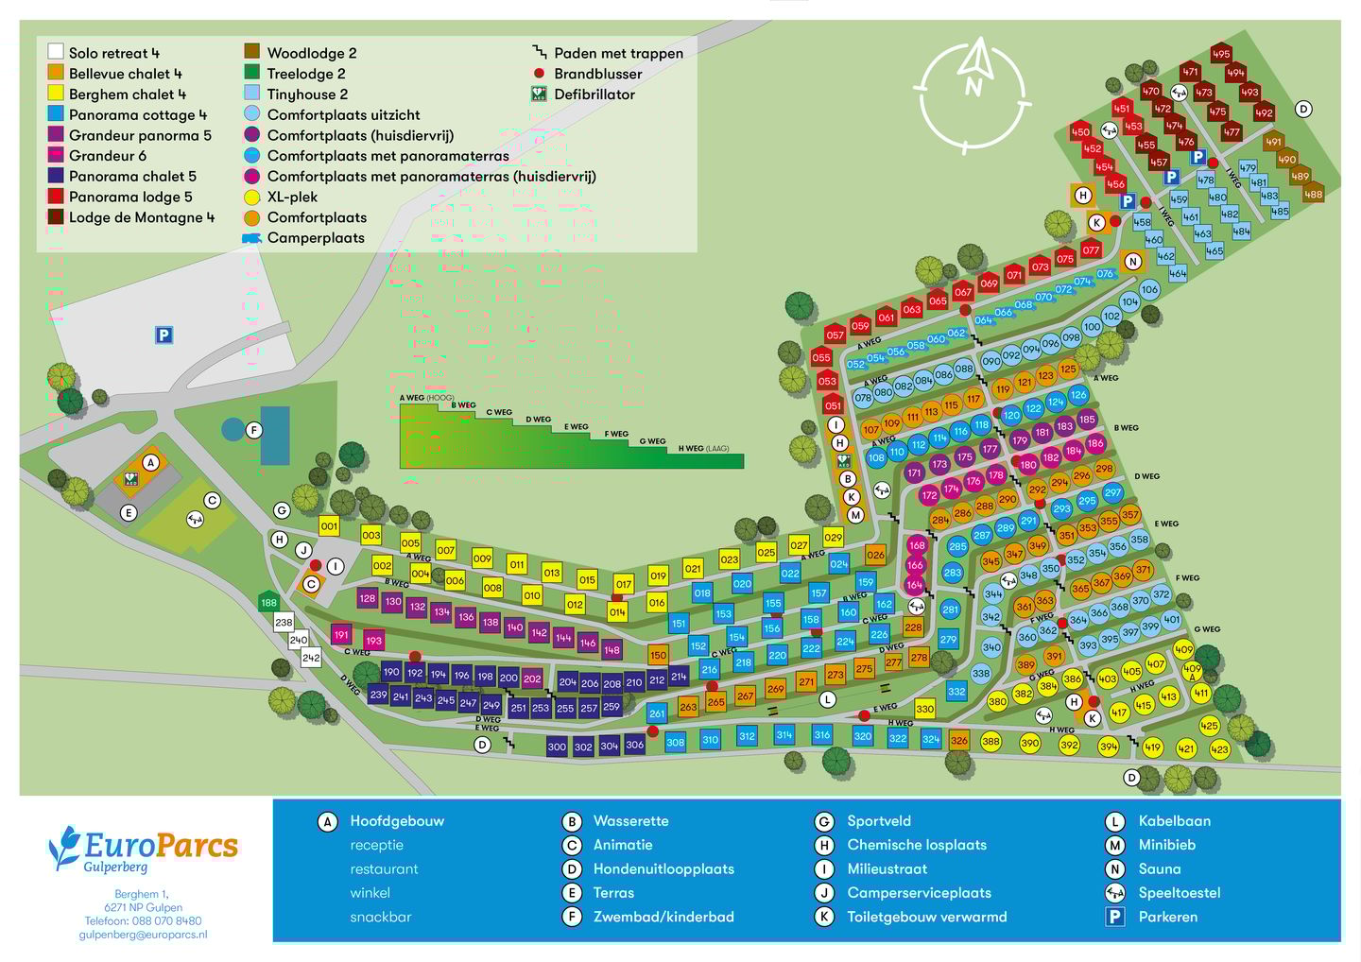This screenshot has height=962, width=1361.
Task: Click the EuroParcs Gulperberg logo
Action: click(x=143, y=848)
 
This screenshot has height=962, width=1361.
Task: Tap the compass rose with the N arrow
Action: click(x=973, y=93)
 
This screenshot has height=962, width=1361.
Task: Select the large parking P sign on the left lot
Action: click(x=164, y=335)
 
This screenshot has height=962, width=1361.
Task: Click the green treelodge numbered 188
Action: click(x=269, y=602)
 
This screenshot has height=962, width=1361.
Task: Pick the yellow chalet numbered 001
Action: click(x=329, y=526)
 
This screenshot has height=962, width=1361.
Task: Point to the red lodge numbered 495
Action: click(x=1221, y=55)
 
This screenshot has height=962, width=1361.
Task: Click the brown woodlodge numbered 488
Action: click(x=1313, y=195)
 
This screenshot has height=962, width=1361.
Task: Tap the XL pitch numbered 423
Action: click(x=1219, y=749)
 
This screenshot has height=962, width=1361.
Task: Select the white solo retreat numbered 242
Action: click(x=311, y=657)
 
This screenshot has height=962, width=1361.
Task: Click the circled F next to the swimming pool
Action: click(x=253, y=431)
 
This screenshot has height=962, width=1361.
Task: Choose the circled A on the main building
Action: click(x=150, y=462)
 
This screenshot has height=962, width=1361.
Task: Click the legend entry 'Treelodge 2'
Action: click(x=305, y=74)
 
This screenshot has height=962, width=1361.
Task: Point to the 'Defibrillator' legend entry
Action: click(x=594, y=94)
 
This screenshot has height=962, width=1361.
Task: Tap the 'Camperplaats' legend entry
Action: click(x=315, y=238)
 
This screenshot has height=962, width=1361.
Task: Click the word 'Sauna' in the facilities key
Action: click(x=1159, y=868)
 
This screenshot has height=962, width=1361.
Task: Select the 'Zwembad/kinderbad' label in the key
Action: click(x=663, y=917)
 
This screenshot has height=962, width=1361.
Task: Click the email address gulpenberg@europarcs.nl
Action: click(x=143, y=935)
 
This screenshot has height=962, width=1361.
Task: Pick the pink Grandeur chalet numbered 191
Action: click(x=341, y=635)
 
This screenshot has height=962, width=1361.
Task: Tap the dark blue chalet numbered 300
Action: click(x=557, y=747)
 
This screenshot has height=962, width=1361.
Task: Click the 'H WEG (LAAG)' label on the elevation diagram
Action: click(x=703, y=449)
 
